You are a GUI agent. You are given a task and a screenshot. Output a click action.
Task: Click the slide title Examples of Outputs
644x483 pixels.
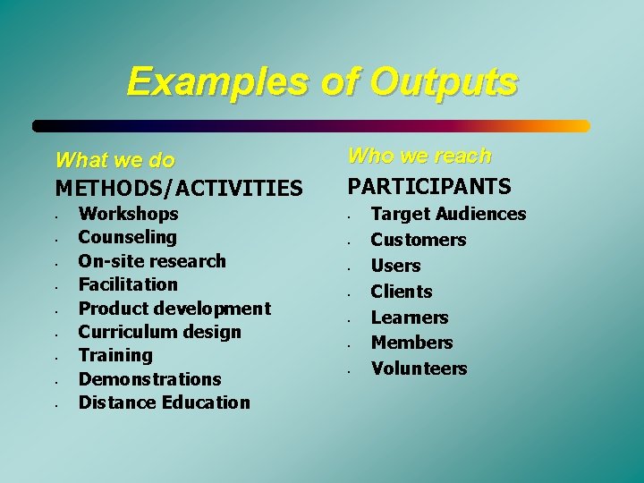coord(322,81)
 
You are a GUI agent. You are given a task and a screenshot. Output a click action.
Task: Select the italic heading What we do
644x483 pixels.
coord(114,160)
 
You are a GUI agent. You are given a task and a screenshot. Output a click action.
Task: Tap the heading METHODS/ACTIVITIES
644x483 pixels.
coord(179,188)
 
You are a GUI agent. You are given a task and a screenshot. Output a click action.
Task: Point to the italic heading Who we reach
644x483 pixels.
coord(419,156)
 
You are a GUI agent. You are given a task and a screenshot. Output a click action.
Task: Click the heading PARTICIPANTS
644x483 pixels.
coord(429,186)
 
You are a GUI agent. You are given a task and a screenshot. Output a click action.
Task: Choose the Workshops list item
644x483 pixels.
coord(128,214)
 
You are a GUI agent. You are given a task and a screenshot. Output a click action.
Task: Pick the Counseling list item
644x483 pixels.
coord(127,237)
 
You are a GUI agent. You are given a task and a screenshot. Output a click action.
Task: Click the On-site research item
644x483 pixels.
coord(152,261)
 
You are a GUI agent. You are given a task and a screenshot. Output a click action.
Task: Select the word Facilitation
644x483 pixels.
coord(128,284)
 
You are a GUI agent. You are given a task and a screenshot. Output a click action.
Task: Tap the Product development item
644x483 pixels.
coord(174,309)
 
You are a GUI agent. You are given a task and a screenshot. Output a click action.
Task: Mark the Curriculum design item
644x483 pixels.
coord(159,332)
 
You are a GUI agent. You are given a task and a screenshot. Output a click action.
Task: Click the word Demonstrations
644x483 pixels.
coord(149,379)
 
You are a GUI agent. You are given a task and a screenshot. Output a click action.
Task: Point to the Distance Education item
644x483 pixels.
coord(164,402)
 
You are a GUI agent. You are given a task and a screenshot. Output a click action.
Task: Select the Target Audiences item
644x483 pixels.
coord(448,214)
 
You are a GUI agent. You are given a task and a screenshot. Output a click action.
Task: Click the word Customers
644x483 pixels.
coord(418,240)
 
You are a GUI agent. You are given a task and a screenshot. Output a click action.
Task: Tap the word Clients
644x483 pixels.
coord(401,292)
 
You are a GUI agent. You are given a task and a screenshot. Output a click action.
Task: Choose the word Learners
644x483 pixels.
coord(409,318)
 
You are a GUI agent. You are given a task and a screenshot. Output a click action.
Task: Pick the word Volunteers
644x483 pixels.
coord(419,369)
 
